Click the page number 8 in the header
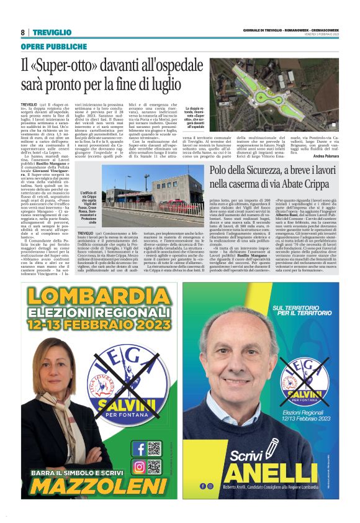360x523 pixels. coord(23,32)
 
